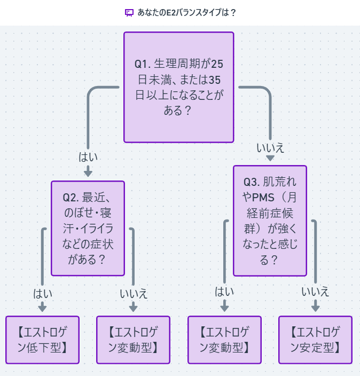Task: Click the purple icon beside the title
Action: coord(129,12)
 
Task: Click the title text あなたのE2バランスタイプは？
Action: coord(186,12)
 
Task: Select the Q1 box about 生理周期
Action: coord(178,88)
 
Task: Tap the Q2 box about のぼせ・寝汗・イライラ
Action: coord(88,228)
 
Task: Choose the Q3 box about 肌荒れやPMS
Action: coord(270,221)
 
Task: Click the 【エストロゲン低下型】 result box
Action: coord(42,340)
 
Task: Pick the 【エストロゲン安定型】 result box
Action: coord(315,340)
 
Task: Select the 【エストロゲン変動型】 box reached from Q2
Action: coord(133,340)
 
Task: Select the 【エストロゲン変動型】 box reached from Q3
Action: coord(224,340)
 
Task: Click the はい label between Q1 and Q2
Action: coord(88,157)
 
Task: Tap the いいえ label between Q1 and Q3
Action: coord(270,148)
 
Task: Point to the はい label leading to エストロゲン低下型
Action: coord(43,293)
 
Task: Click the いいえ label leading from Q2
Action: coord(134,293)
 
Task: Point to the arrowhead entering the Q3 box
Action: coord(270,158)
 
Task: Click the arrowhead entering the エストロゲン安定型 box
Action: coord(315,307)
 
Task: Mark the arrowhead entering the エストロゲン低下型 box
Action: coord(43,308)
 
